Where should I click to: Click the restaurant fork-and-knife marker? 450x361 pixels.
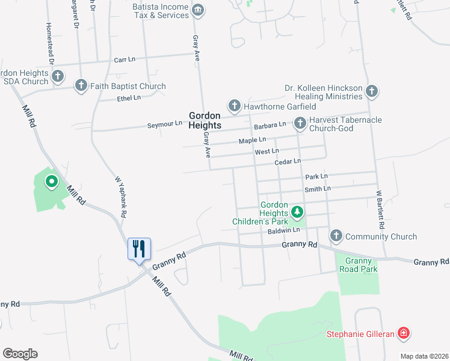(139, 248)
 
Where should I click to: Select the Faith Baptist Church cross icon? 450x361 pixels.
(81, 86)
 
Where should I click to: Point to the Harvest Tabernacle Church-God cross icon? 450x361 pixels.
(300, 124)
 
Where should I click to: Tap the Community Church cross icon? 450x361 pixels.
(336, 236)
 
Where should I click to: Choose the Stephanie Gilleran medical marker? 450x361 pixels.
(403, 333)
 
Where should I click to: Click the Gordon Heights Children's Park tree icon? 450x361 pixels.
(296, 212)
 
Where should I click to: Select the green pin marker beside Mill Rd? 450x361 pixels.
(52, 180)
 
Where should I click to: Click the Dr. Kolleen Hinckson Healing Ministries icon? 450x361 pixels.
(372, 92)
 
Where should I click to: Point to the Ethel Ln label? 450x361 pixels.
(129, 97)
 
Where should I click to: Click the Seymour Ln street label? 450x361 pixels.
(165, 125)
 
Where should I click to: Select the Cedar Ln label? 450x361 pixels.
(287, 161)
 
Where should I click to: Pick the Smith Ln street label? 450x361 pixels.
(318, 189)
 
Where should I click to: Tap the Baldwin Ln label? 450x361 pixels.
(283, 230)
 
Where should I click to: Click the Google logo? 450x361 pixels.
(20, 354)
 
